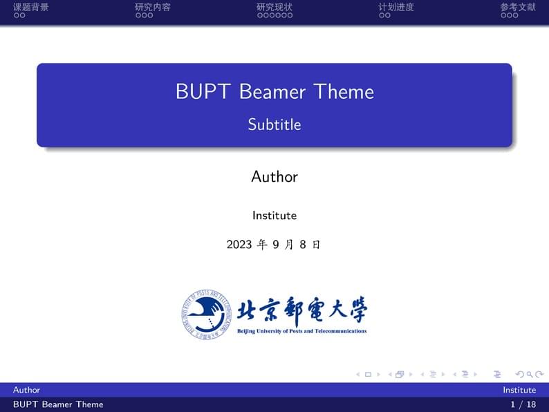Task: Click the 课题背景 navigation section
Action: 30,8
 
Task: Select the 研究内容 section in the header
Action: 153,8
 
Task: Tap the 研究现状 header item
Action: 274,8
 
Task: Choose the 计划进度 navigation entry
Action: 396,8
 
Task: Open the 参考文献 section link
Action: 518,8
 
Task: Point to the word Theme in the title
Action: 344,92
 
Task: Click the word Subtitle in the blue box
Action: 274,124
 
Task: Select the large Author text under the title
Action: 274,177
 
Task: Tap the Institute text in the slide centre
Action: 274,216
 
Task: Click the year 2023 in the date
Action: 239,245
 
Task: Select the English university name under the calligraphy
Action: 301,332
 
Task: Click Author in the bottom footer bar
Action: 26,390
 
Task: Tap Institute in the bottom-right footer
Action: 519,390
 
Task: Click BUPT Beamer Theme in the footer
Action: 58,404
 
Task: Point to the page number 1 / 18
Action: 523,404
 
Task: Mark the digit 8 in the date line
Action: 302,245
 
